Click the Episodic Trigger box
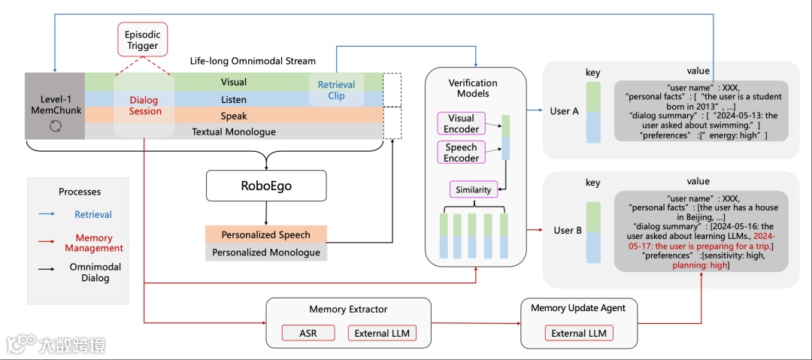tap(142, 40)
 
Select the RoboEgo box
tap(266, 185)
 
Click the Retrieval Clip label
tap(336, 90)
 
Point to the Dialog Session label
tap(145, 105)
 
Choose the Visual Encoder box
tap(461, 124)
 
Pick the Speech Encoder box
tap(461, 153)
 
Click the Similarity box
tap(473, 189)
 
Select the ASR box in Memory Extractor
tap(308, 333)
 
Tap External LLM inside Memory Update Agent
tap(578, 333)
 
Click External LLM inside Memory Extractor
tap(381, 333)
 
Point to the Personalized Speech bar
tap(266, 234)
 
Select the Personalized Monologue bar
tap(266, 253)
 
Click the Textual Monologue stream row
tap(233, 132)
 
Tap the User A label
tap(564, 111)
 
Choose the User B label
tap(567, 230)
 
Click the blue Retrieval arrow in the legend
tap(47, 214)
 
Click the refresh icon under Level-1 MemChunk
tap(54, 127)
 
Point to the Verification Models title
tap(473, 88)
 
